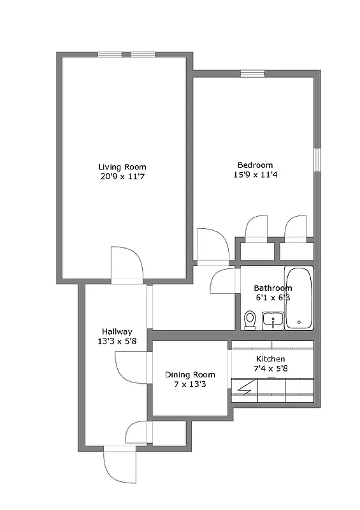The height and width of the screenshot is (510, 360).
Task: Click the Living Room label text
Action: tap(122, 166)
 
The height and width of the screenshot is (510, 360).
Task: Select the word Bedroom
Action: tap(255, 164)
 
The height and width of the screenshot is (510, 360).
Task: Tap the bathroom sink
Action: tap(273, 320)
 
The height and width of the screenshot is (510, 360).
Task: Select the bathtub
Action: tap(299, 298)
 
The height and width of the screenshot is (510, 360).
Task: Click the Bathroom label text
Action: tap(273, 288)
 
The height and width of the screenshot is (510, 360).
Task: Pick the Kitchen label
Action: tap(271, 359)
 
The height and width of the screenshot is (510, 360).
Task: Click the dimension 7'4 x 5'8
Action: tap(271, 369)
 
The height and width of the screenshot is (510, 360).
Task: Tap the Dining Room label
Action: tap(190, 374)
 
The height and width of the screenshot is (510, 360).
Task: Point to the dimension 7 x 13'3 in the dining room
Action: tap(190, 384)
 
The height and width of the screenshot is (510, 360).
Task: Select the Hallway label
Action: tap(117, 331)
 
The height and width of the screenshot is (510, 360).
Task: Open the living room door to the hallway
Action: tap(126, 264)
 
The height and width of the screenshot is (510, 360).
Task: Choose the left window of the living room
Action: tap(110, 54)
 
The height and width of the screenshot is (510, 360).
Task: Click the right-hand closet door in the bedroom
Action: tap(296, 229)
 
